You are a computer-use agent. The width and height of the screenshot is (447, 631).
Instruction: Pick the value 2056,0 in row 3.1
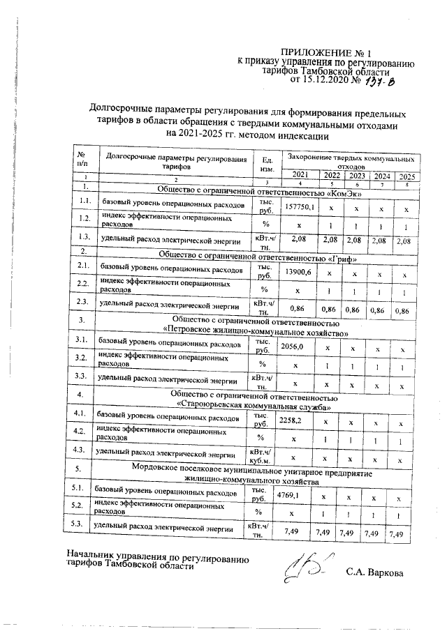point(291,345)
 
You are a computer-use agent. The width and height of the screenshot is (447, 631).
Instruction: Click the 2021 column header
point(299,174)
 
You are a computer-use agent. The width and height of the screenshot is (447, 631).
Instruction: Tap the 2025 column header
point(407,176)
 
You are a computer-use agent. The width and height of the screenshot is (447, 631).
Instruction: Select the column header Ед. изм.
point(265,164)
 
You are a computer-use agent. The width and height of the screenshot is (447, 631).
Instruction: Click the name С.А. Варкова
point(374,572)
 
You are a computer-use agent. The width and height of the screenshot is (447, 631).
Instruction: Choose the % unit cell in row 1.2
point(265,224)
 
